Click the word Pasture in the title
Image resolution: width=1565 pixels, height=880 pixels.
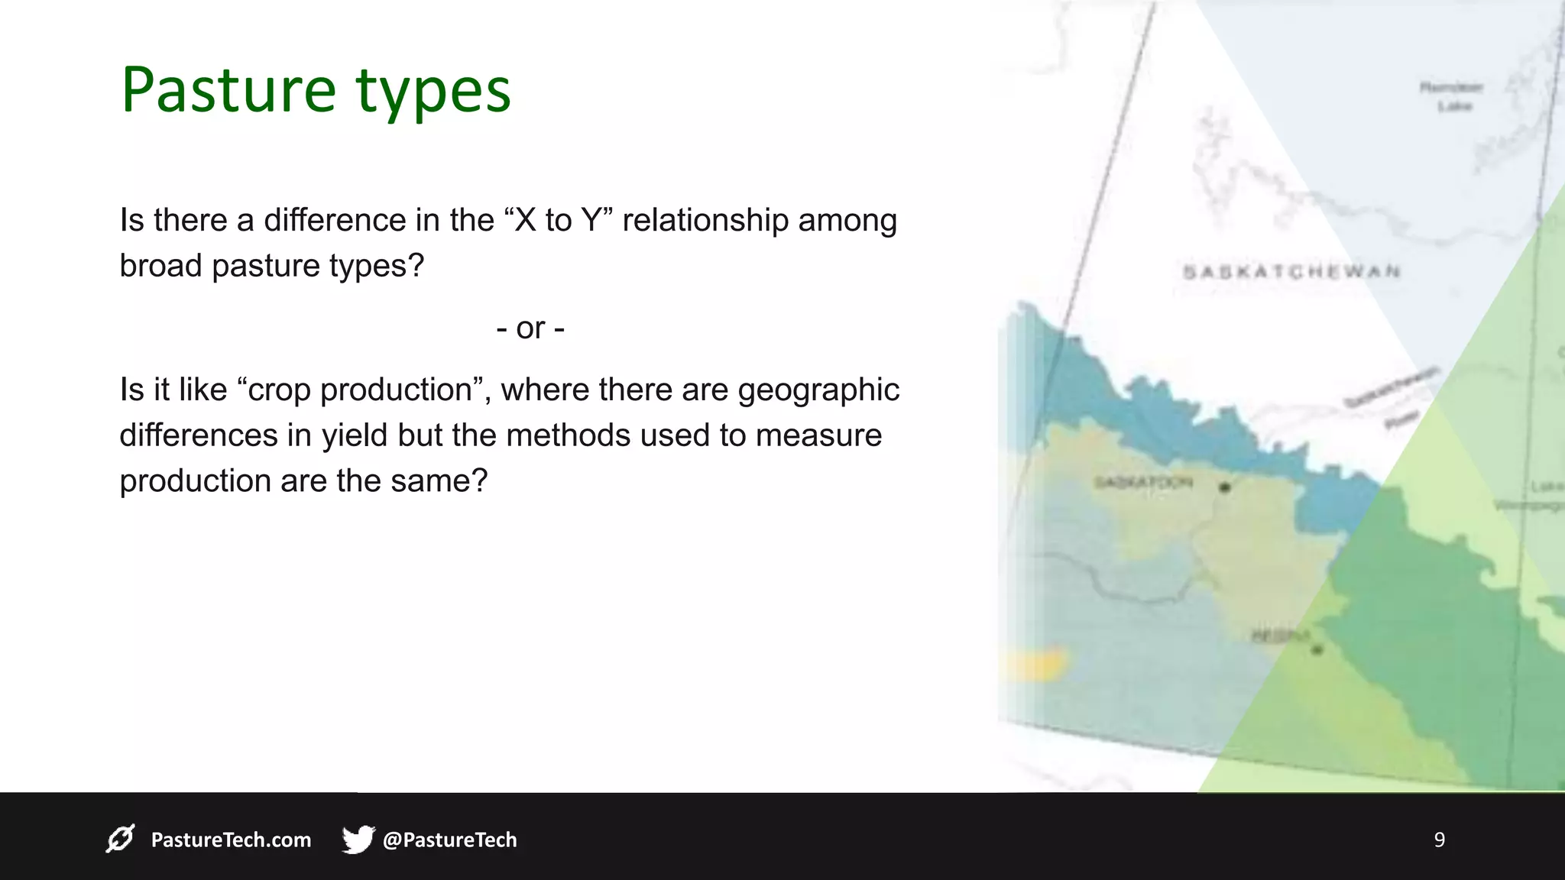(x=228, y=90)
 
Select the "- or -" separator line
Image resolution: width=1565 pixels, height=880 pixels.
(x=530, y=328)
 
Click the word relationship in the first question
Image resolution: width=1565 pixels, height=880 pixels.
(x=705, y=220)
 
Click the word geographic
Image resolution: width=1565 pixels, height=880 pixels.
(x=818, y=390)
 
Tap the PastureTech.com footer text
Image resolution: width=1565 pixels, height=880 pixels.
(x=231, y=840)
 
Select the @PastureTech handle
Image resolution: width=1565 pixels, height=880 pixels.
(x=449, y=840)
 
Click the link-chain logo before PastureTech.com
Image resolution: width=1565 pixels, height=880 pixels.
(x=121, y=839)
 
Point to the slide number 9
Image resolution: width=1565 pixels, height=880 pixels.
(x=1439, y=840)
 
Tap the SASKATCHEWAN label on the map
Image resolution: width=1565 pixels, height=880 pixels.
(x=1291, y=271)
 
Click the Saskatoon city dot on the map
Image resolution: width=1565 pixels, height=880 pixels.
(x=1224, y=487)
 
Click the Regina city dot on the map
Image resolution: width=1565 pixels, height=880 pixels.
(x=1317, y=650)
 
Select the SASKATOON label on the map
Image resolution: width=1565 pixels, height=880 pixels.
(x=1142, y=482)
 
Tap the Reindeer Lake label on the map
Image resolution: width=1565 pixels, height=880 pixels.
(x=1451, y=96)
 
